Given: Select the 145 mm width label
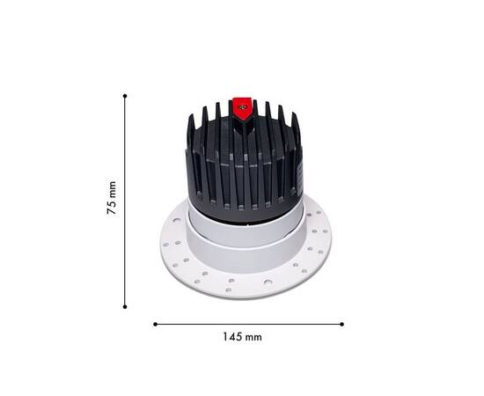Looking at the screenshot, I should pyautogui.click(x=242, y=336).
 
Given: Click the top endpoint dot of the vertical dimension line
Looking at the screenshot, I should pyautogui.click(x=125, y=95).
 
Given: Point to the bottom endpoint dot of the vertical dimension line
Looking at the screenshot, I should pyautogui.click(x=125, y=306).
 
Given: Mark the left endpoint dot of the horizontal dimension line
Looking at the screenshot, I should pyautogui.click(x=155, y=324).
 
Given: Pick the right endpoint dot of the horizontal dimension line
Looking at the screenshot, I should pyautogui.click(x=341, y=324).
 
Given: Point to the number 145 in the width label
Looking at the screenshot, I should pyautogui.click(x=232, y=336).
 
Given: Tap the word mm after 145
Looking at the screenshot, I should pyautogui.click(x=253, y=336).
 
